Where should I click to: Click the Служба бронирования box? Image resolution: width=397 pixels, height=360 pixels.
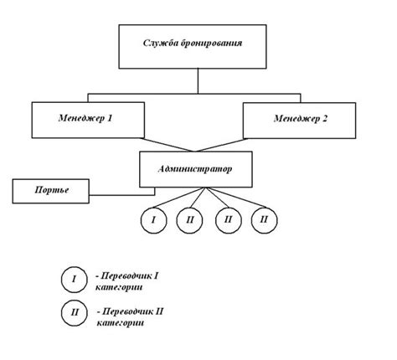193,47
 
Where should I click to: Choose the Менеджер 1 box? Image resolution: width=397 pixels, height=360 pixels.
88,120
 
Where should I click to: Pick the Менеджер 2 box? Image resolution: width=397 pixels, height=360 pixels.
299,121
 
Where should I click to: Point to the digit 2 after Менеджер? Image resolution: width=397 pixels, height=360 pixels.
324,119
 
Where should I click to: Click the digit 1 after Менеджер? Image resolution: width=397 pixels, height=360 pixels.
109,118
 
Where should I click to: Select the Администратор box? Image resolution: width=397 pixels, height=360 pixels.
196,169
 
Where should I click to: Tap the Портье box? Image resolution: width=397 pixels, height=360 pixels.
51,191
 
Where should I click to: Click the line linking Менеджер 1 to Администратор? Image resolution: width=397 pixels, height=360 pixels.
167,145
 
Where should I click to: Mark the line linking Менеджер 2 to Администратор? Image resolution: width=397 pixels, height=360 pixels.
221,145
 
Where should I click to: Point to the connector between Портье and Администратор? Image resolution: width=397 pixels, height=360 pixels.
122,195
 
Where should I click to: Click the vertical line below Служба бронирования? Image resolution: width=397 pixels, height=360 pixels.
198,81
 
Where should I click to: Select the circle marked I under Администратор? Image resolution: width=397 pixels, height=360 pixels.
153,220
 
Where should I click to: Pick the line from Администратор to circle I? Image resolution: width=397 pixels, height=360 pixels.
179,198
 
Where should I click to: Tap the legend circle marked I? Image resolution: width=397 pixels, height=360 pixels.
74,280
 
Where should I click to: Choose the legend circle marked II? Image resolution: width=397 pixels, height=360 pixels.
75,312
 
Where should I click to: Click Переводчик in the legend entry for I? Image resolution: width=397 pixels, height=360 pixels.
126,276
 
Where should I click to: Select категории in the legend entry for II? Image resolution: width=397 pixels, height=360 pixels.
121,323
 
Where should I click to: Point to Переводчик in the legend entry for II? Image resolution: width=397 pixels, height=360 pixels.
126,311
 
